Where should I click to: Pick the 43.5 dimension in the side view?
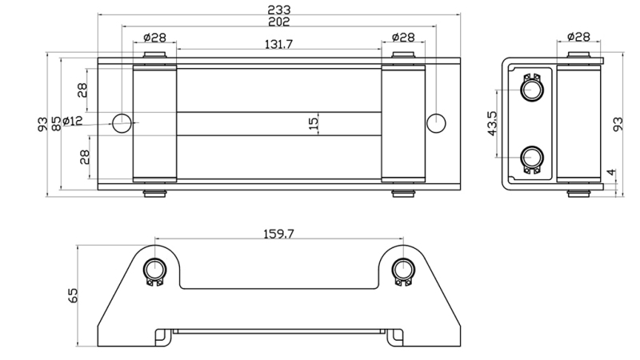click(494, 124)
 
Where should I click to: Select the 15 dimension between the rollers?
click(314, 123)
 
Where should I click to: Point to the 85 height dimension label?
click(56, 124)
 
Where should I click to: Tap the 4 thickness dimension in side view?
click(610, 172)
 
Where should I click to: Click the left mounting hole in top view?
click(122, 122)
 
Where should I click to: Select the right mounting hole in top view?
click(435, 122)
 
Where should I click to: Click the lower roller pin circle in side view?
click(531, 157)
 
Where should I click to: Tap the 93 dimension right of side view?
click(618, 124)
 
